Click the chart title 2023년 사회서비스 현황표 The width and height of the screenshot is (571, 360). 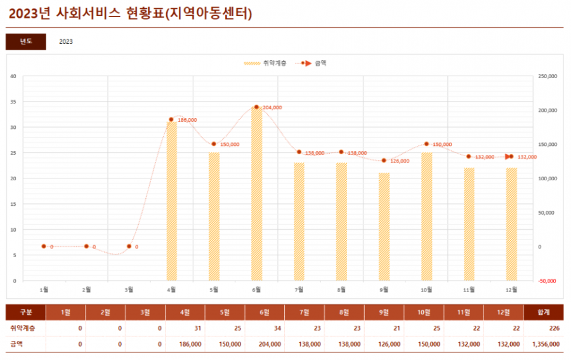(x=129, y=14)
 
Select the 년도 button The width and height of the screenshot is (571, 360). (x=25, y=41)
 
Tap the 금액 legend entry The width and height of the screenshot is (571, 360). (x=315, y=63)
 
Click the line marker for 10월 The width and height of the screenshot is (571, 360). (x=426, y=144)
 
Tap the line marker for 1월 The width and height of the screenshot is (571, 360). (x=44, y=246)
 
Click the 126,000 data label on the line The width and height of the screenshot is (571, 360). (x=400, y=161)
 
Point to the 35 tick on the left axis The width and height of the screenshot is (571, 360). (x=13, y=102)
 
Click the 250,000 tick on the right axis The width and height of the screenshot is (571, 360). (x=547, y=76)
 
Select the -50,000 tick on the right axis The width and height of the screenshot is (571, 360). (x=547, y=281)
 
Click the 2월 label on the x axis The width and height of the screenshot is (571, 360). (x=86, y=290)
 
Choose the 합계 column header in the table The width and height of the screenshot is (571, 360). (x=543, y=312)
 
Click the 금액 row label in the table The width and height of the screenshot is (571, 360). (x=16, y=343)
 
